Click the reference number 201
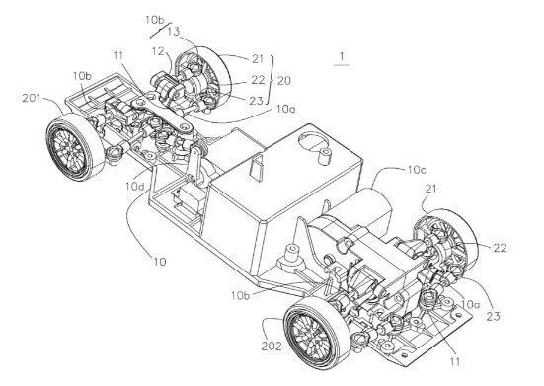pos(32,98)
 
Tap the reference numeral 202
pos(272,347)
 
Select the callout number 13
pos(174,32)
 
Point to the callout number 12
pos(158,51)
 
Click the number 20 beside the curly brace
pos(284,81)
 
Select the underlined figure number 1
pos(342,56)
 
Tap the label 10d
pos(135,187)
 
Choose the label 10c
pos(417,170)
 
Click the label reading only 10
pos(160,262)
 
